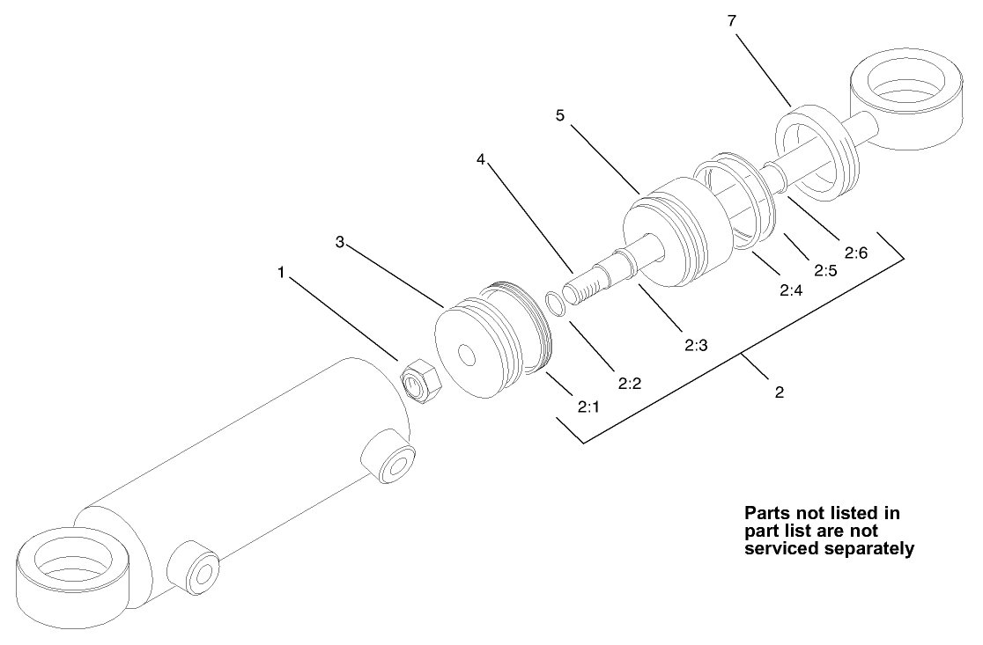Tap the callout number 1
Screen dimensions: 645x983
[281, 274]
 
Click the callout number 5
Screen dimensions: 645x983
[560, 115]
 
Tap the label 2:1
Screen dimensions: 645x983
[588, 407]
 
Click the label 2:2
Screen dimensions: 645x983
[629, 383]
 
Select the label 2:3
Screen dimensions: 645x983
[696, 346]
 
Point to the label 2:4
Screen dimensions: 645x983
[792, 288]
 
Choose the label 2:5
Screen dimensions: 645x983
[825, 270]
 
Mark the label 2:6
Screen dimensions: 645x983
[856, 253]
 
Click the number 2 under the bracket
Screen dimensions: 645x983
[779, 392]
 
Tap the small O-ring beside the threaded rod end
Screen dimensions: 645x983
[556, 304]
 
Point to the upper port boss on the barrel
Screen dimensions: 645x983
[390, 458]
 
